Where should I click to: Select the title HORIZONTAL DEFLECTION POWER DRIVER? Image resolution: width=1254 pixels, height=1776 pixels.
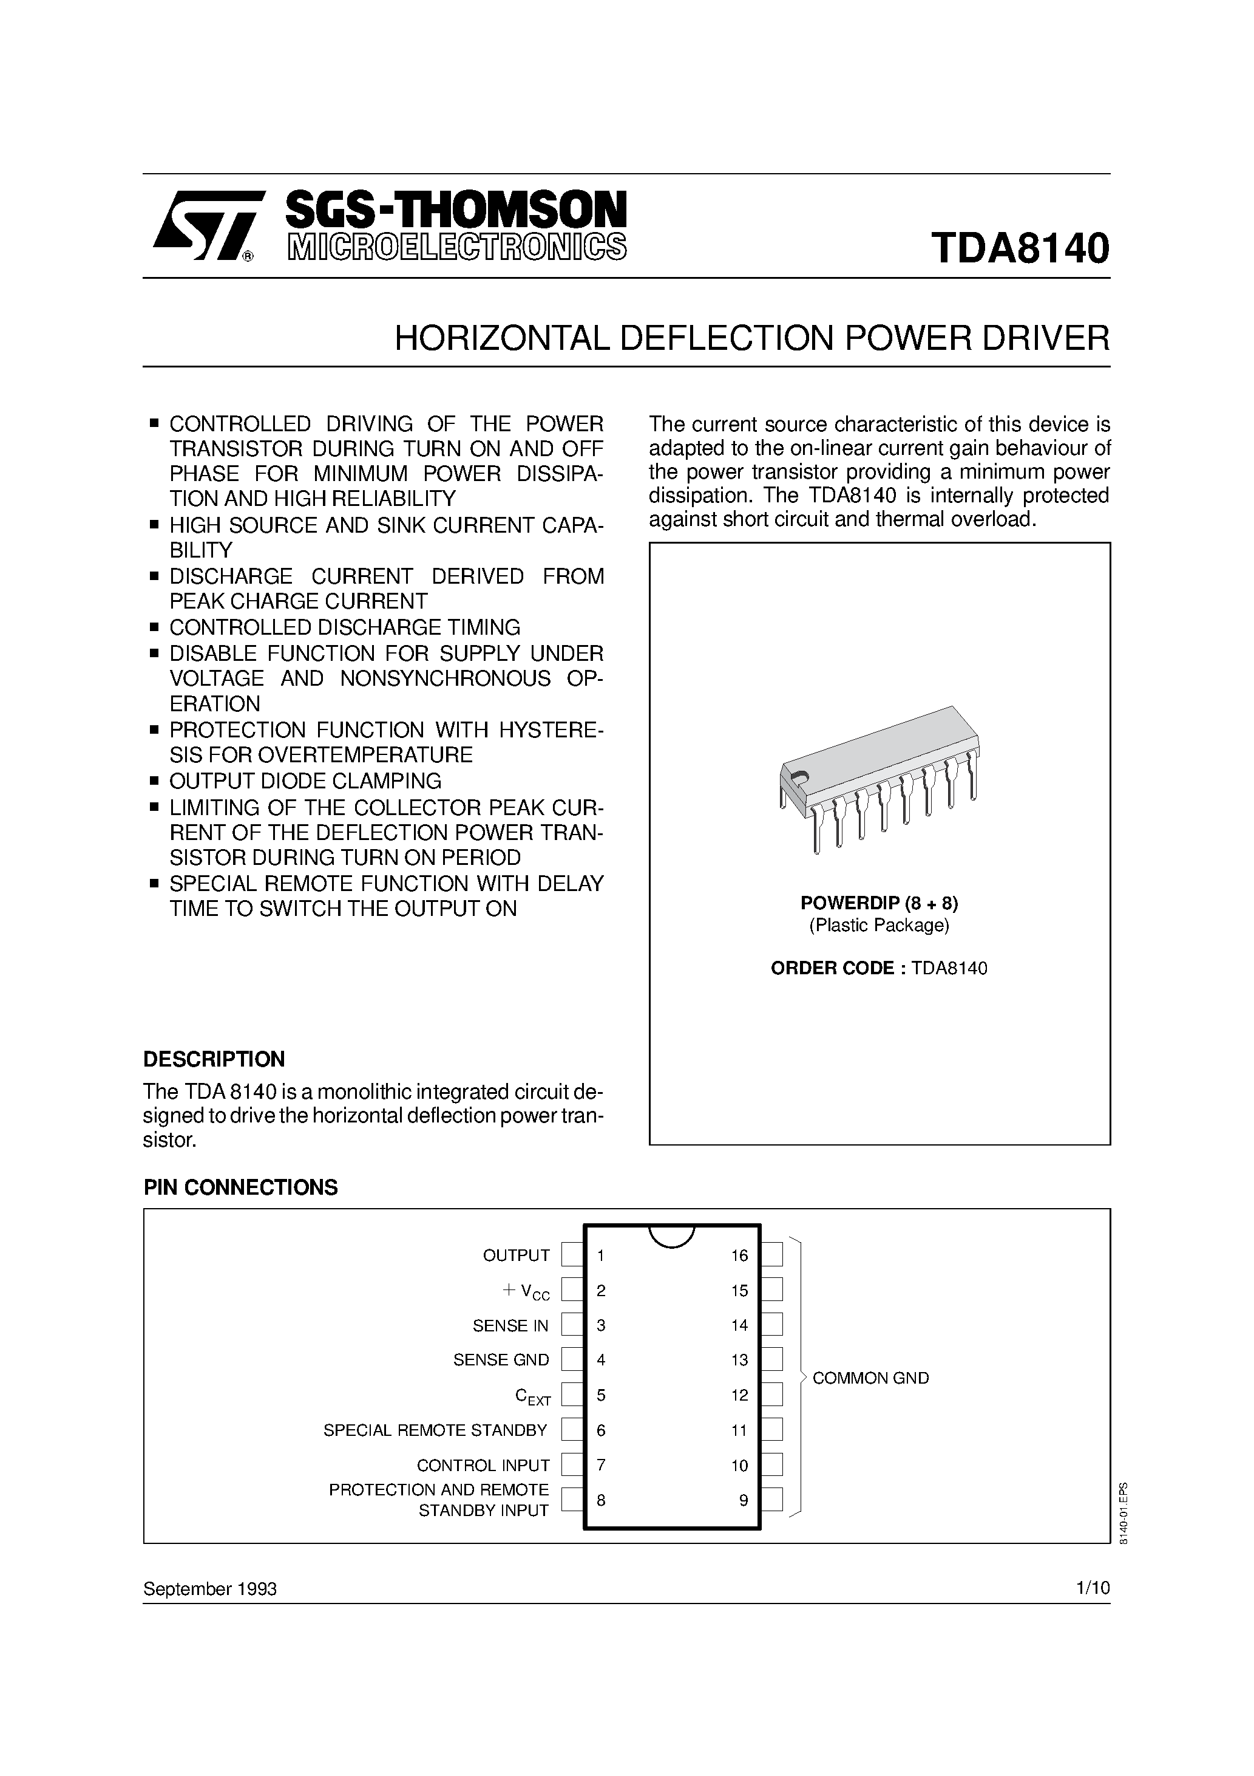[751, 338]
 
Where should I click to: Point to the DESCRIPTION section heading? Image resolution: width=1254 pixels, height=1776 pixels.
[214, 1059]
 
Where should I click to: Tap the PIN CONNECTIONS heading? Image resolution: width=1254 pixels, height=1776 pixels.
[240, 1187]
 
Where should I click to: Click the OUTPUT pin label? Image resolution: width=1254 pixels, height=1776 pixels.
[516, 1255]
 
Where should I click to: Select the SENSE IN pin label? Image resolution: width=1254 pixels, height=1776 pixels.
[510, 1326]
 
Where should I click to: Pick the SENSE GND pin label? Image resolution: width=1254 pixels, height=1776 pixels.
[501, 1360]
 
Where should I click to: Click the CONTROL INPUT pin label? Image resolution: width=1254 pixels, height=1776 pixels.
[483, 1465]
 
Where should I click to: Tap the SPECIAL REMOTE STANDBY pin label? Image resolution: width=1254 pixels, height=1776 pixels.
[435, 1430]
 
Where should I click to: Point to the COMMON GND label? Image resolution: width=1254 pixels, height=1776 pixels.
[870, 1378]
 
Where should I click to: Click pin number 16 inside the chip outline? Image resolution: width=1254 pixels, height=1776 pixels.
[739, 1255]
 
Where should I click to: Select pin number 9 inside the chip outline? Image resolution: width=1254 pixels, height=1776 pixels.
[743, 1501]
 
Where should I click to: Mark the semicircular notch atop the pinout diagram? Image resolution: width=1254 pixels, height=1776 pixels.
[671, 1235]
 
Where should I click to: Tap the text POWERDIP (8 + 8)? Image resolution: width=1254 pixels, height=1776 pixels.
[879, 903]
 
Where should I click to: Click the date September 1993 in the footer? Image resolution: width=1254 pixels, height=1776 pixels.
[209, 1589]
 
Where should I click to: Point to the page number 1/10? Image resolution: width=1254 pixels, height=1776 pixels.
[1093, 1588]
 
